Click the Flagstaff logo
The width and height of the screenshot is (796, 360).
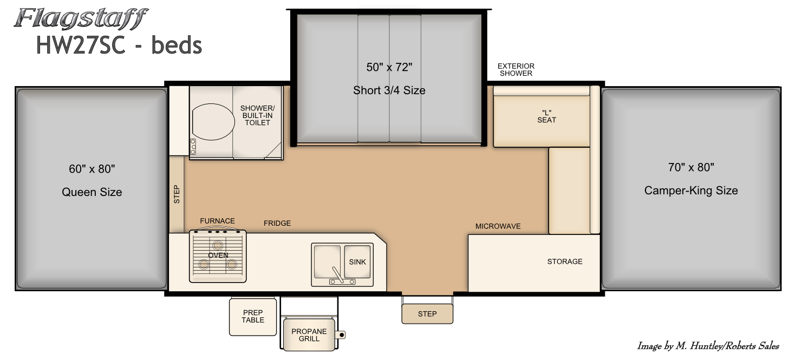81,18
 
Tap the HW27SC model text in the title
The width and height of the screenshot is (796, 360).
81,45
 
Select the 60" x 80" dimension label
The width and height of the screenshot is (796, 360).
92,169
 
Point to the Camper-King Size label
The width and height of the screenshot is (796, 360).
691,191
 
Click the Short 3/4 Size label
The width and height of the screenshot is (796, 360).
389,90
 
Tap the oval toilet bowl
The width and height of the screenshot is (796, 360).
213,122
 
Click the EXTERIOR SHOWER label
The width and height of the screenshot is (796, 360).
516,70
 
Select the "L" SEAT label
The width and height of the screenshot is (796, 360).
546,116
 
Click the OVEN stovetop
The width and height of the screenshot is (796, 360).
218,256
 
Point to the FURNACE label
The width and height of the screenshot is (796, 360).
217,221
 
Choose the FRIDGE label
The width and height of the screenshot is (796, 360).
277,223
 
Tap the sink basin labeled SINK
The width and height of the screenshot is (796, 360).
357,261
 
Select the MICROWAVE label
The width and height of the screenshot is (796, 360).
498,226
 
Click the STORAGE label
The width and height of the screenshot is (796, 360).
565,261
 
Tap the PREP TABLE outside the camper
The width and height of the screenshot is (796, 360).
253,317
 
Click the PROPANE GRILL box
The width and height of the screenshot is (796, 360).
309,335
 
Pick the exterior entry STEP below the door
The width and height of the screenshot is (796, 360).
427,314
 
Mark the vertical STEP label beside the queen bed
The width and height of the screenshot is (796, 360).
177,194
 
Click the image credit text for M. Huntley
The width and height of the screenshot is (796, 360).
708,346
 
